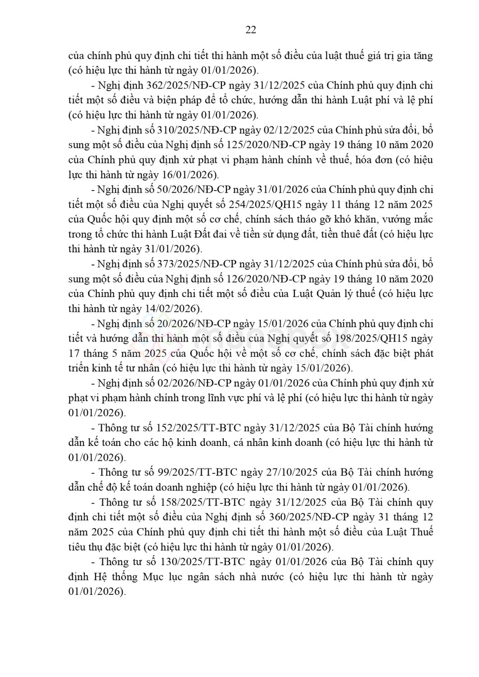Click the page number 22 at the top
[x=251, y=30]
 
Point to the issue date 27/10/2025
[x=291, y=472]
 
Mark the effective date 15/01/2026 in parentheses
[x=325, y=368]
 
